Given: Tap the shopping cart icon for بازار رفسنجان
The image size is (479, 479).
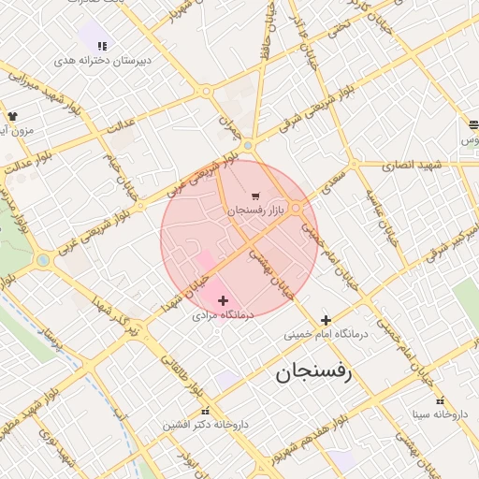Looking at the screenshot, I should coord(255,196).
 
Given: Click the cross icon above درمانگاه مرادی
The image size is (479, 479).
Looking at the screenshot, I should coord(223,300).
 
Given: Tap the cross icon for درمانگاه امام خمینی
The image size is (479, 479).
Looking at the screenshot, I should coord(326,320).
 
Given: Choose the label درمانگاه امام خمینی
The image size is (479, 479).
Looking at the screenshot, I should coord(327,333).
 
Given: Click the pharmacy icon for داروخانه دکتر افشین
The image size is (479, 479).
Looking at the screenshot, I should coord(205,411).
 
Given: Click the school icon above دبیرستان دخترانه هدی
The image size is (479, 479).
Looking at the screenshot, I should coord(102,45).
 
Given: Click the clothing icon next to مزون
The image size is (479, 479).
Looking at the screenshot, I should coord(12,116).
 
